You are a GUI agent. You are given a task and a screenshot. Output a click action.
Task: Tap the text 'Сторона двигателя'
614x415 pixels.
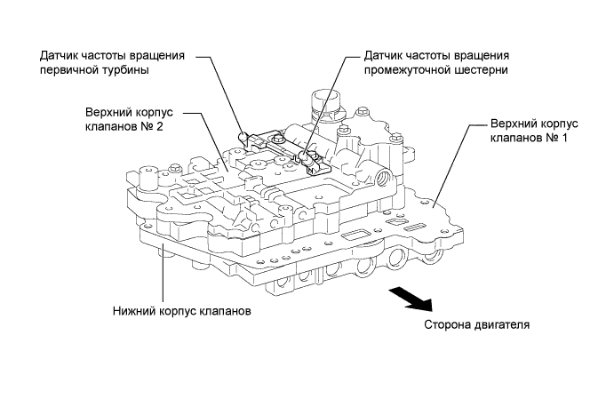477,324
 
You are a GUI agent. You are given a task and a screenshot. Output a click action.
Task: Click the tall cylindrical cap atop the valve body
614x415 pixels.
318,102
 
